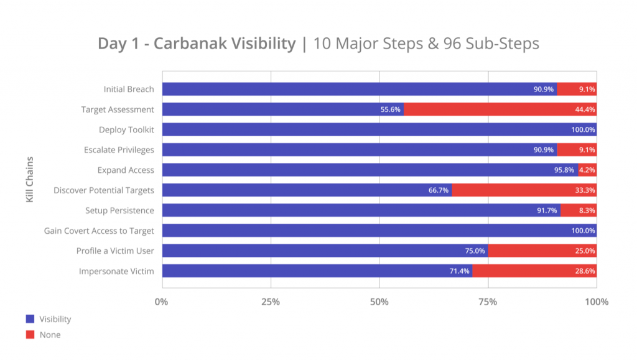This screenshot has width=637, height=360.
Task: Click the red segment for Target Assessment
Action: tap(500, 109)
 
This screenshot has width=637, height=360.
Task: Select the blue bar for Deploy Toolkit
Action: tap(379, 129)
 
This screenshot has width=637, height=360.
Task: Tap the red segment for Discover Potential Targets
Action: tap(524, 190)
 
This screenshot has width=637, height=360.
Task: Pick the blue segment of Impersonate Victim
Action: tap(317, 271)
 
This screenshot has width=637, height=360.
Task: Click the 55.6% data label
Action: tap(390, 109)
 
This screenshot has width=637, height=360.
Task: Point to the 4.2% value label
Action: tap(587, 170)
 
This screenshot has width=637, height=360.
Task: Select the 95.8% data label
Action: tap(565, 170)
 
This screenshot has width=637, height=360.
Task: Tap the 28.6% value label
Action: tap(584, 271)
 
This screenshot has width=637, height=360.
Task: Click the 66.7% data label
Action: tap(439, 190)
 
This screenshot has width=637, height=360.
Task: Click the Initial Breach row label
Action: tap(129, 89)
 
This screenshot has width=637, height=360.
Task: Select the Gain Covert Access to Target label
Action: tap(99, 231)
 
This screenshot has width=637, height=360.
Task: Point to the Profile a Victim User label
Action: tap(115, 251)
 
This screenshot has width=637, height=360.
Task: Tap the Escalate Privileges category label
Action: tap(119, 150)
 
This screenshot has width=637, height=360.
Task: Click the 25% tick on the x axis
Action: tap(271, 302)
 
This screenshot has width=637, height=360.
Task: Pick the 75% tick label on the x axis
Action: tap(488, 302)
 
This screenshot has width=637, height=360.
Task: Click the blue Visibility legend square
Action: tap(30, 319)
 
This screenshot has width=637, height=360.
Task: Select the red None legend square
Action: tap(30, 335)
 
